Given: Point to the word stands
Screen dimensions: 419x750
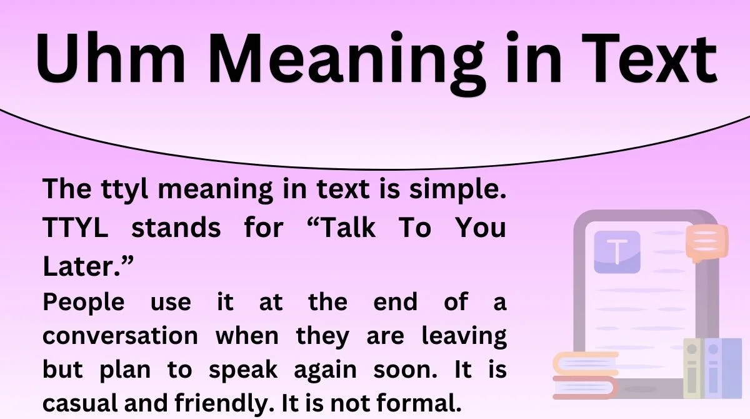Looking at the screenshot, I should [x=176, y=228].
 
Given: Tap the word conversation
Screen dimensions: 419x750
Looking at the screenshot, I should [x=119, y=336].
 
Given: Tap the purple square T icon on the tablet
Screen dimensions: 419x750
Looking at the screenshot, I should [x=617, y=252].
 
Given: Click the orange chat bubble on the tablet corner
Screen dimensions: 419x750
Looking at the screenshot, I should [x=706, y=243].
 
